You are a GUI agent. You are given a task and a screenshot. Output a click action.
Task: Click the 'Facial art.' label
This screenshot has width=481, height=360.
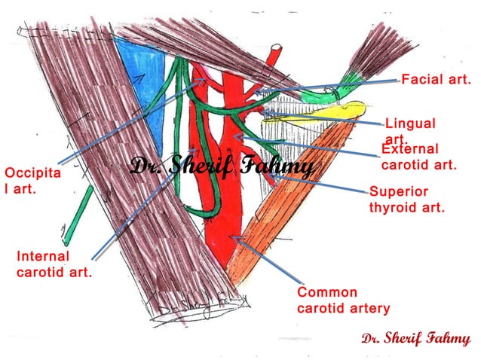[x=436, y=79]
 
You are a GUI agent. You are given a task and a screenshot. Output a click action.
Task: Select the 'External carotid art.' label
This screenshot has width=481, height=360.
[x=418, y=157]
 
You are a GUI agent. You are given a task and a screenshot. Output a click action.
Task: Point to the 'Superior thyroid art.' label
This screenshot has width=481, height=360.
[x=406, y=200]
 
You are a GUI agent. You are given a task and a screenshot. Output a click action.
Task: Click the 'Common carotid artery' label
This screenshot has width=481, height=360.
[x=343, y=300]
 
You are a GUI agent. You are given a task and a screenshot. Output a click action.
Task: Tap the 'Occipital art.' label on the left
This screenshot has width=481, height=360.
[x=22, y=182]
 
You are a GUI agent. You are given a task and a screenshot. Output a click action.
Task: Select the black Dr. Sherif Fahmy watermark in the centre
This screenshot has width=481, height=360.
[x=222, y=166]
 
